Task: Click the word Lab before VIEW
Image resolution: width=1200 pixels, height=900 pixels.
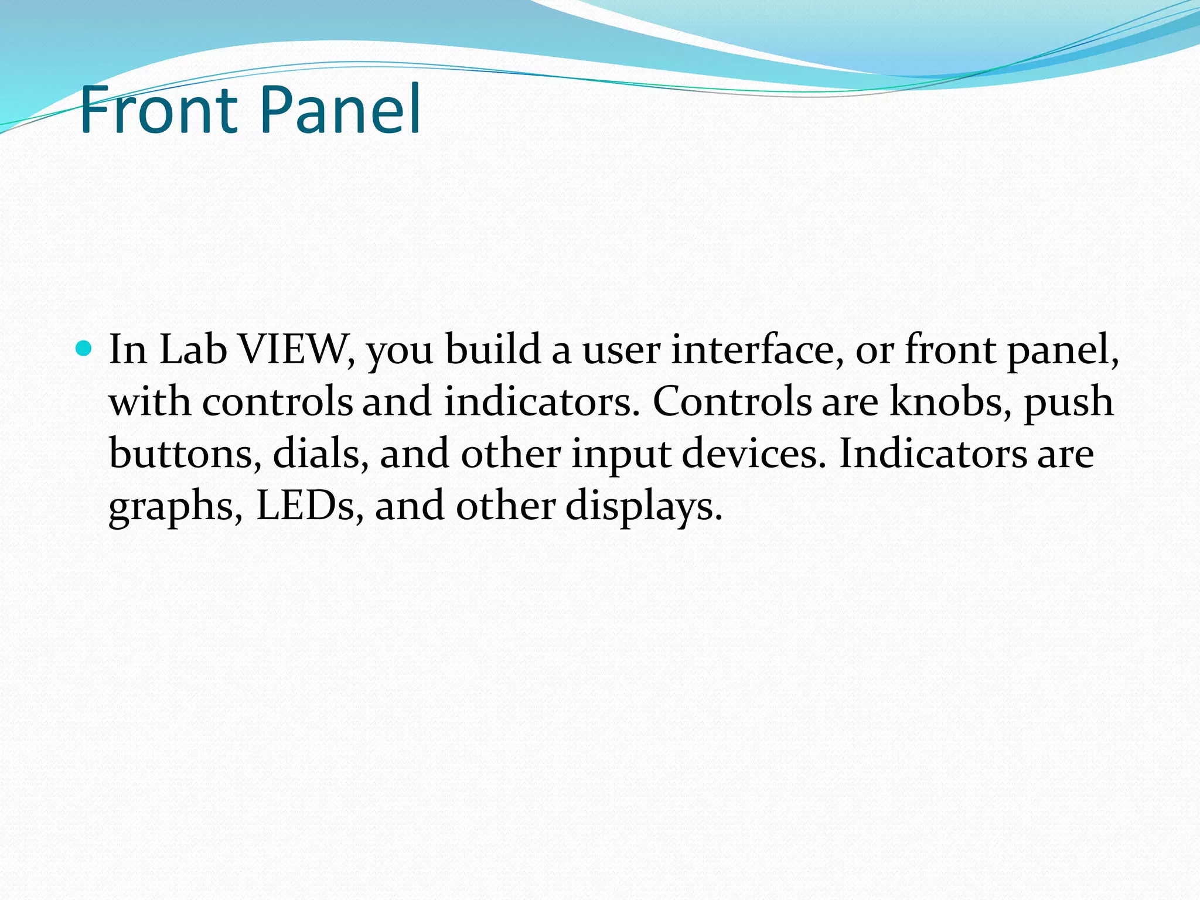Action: (x=193, y=350)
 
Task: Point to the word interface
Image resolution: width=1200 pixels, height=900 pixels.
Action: (x=756, y=350)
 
